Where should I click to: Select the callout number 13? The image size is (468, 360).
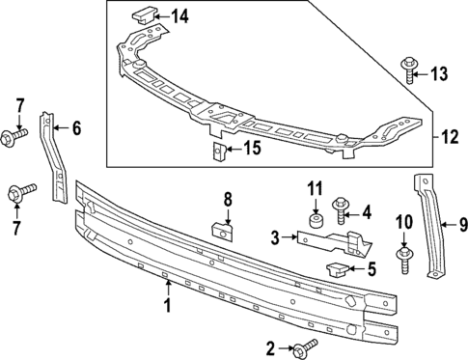click(439, 73)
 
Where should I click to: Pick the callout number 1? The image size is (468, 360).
click(166, 307)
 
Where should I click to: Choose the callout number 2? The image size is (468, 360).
click(271, 346)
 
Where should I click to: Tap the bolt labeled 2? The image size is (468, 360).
click(307, 346)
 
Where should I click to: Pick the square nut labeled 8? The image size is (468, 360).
click(222, 232)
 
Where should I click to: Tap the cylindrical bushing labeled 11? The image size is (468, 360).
click(314, 221)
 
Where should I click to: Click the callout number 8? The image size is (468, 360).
click(228, 200)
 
